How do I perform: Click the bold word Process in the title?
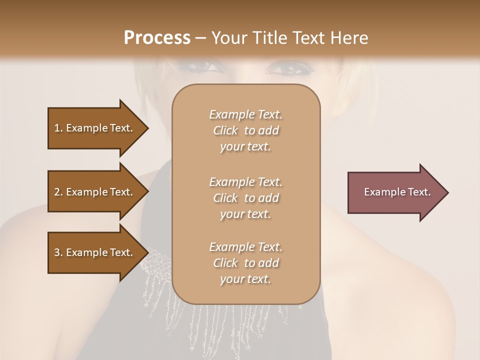157,38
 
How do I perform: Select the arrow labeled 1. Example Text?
95,128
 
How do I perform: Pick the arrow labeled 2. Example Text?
95,192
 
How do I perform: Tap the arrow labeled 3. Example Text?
95,252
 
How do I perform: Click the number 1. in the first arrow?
58,128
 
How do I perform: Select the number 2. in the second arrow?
58,192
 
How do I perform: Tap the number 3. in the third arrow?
58,252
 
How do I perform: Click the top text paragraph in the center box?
245,130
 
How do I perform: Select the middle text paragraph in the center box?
245,198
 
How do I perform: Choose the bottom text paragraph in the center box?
245,263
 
